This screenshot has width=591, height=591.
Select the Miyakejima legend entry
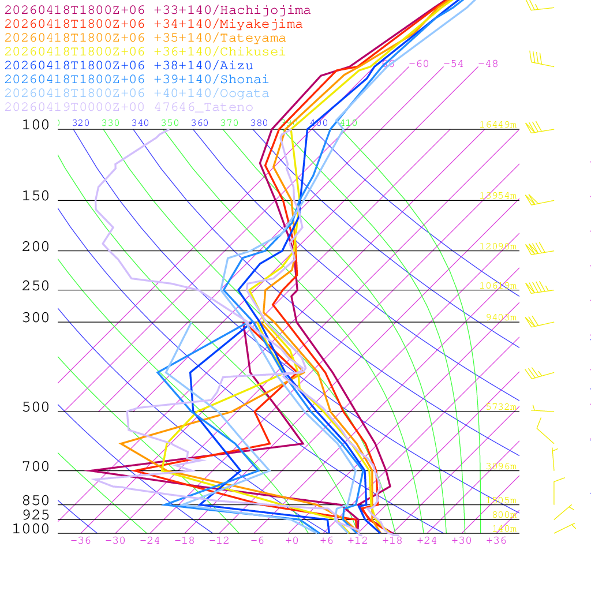pyautogui.click(x=153, y=24)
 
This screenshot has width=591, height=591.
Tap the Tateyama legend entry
pyautogui.click(x=145, y=38)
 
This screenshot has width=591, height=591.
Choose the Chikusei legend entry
pyautogui.click(x=145, y=52)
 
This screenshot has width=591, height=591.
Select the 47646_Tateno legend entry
pyautogui.click(x=129, y=107)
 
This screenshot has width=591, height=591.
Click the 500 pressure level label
pyautogui.click(x=36, y=407)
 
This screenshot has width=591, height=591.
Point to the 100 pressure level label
pyautogui.click(x=36, y=125)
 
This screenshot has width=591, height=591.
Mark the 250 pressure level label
pyautogui.click(x=36, y=286)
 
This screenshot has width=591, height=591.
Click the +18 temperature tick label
pyautogui.click(x=392, y=540)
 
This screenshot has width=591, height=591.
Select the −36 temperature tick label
pyautogui.click(x=80, y=540)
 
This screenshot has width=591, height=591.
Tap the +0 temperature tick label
pyautogui.click(x=292, y=540)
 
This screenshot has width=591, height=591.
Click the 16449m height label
pyautogui.click(x=498, y=125)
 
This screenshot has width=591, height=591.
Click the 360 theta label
pyautogui.click(x=199, y=123)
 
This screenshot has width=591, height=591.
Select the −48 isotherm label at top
pyautogui.click(x=488, y=64)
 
